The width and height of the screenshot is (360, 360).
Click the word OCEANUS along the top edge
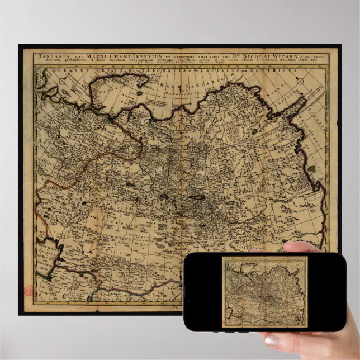tap(64, 70)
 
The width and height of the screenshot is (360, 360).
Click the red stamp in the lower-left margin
tap(28, 292)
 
